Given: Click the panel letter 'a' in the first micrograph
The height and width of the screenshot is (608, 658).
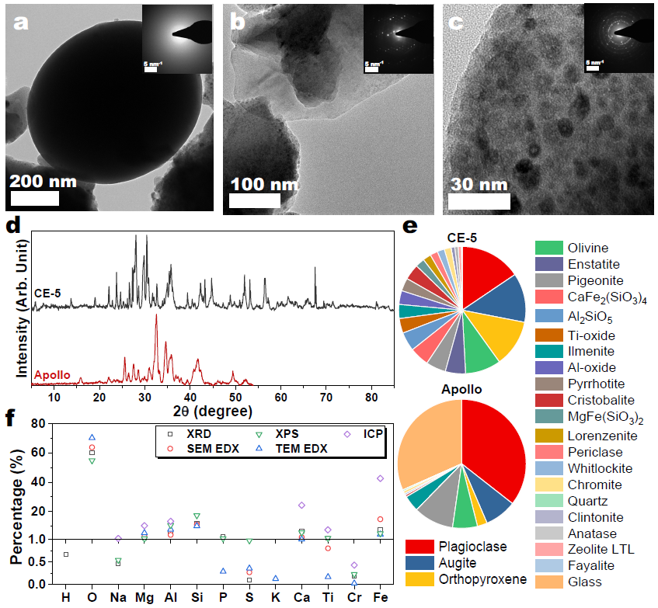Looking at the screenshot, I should (21, 23).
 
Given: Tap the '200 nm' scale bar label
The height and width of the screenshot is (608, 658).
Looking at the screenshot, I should (44, 182).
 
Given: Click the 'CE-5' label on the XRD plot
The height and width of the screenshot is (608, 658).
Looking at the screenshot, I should (47, 294).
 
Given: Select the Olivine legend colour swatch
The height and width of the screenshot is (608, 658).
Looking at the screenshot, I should (548, 248).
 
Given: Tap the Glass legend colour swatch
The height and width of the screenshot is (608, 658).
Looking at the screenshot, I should (548, 582).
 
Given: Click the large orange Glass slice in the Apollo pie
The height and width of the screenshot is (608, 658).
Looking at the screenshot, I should (427, 450).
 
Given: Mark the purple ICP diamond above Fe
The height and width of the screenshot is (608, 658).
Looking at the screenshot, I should (380, 478).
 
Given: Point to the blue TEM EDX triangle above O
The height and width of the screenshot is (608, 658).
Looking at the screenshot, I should (92, 438).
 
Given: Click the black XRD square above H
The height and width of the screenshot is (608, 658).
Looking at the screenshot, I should (66, 554).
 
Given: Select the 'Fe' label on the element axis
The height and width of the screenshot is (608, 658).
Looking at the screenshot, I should (380, 598).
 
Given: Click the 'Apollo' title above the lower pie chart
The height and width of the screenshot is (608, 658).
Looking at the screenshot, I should (461, 389).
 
